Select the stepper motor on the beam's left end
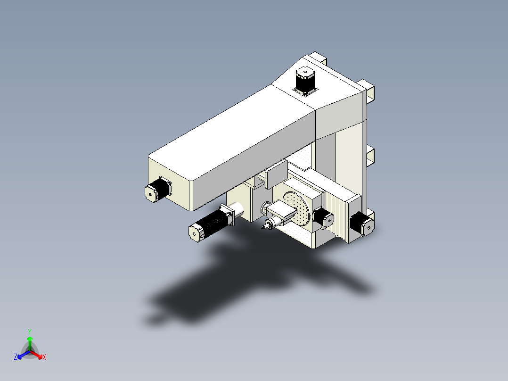click(x=157, y=190)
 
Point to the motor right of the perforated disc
click(x=324, y=217)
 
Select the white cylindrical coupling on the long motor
click(x=237, y=209)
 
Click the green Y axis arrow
click(x=30, y=339)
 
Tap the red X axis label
click(x=44, y=357)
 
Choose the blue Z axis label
click(x=16, y=357)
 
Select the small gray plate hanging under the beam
click(x=276, y=175)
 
